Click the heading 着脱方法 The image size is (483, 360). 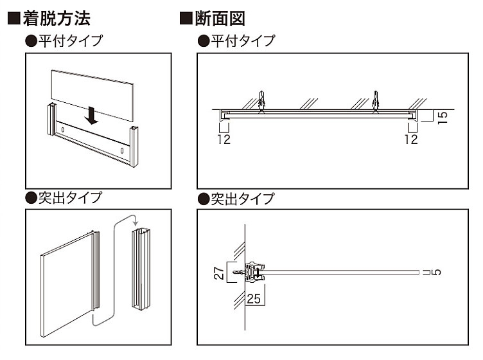(57, 19)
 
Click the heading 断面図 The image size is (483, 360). (220, 19)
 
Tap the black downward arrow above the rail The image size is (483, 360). (91, 115)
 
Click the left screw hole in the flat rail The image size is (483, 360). (63, 130)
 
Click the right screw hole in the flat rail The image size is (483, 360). (121, 151)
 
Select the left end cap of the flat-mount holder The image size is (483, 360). (51, 120)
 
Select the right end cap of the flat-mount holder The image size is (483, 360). (134, 147)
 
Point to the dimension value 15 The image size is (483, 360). (443, 118)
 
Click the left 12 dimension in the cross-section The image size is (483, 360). (224, 139)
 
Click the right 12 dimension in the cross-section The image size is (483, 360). (411, 139)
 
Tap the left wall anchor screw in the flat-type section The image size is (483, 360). (261, 101)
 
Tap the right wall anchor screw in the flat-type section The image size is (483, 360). (375, 101)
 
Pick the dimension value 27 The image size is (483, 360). (219, 273)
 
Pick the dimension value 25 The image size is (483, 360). (254, 299)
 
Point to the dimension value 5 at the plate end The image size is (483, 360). (437, 272)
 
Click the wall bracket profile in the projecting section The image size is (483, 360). (255, 272)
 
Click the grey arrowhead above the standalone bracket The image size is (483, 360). (135, 223)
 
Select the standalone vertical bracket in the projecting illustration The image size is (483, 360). (141, 269)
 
